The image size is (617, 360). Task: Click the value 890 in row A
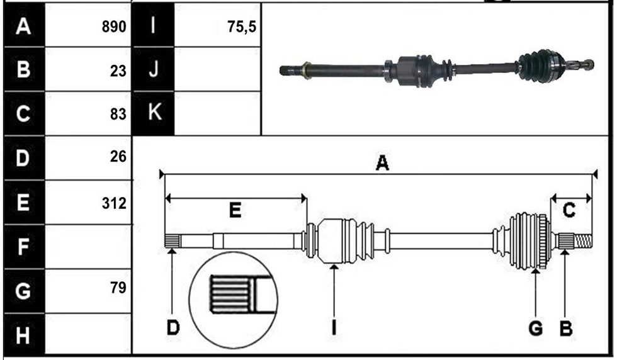[x=114, y=27]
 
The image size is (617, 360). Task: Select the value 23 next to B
[x=118, y=71]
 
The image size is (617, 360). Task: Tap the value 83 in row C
[x=118, y=114]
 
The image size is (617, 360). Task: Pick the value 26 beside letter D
[x=118, y=157]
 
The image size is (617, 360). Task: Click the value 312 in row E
[x=114, y=203]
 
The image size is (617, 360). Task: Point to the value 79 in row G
[x=118, y=288]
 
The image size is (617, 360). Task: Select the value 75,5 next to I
[x=242, y=27]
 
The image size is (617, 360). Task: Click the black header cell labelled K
[x=154, y=113]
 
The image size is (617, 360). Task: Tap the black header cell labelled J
[x=154, y=69]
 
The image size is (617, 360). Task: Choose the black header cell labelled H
[x=24, y=335]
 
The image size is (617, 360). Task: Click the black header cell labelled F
[x=24, y=247]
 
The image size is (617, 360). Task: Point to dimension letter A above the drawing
[x=382, y=163]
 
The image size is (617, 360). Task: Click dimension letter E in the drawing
[x=235, y=210]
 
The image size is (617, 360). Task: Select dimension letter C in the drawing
[x=569, y=210]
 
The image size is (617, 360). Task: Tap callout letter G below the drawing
[x=536, y=328]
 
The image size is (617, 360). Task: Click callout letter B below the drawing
[x=566, y=328]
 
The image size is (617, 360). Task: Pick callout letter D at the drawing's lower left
[x=173, y=327]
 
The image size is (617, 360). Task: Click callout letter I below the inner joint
[x=334, y=327]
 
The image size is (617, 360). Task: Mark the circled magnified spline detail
[x=234, y=300]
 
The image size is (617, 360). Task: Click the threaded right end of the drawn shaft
[x=583, y=241]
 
